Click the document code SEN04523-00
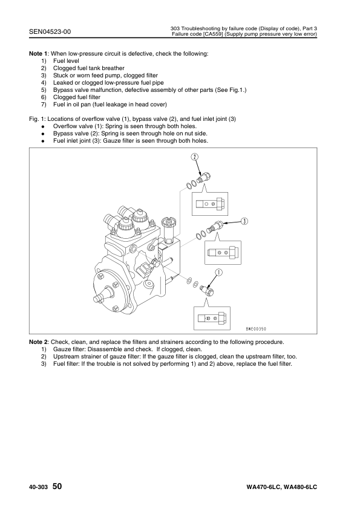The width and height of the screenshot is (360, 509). pyautogui.click(x=50, y=31)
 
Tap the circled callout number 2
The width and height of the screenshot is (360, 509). pyautogui.click(x=194, y=157)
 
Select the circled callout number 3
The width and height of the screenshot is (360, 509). pyautogui.click(x=244, y=221)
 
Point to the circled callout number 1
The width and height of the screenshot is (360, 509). pyautogui.click(x=218, y=273)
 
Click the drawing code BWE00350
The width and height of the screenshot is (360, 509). pyautogui.click(x=256, y=329)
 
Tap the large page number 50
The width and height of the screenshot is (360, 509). pyautogui.click(x=57, y=486)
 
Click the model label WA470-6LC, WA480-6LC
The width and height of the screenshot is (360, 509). pyautogui.click(x=282, y=487)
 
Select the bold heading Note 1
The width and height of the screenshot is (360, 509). pyautogui.click(x=38, y=54)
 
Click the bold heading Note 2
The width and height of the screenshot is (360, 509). pyautogui.click(x=38, y=342)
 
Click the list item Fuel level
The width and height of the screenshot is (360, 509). pyautogui.click(x=66, y=61)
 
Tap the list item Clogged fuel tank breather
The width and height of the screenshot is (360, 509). pyautogui.click(x=89, y=68)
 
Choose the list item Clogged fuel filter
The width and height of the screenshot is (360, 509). pyautogui.click(x=77, y=97)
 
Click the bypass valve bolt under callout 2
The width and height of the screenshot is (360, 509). pyautogui.click(x=205, y=177)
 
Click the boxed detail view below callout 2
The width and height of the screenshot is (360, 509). pyautogui.click(x=209, y=204)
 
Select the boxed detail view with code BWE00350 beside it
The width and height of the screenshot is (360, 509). pyautogui.click(x=212, y=318)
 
